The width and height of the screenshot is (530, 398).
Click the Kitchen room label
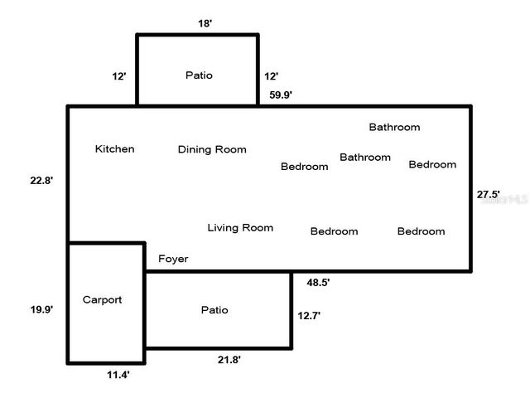click(x=114, y=149)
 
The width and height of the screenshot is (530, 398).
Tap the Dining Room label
click(x=212, y=150)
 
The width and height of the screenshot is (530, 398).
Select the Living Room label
click(x=240, y=227)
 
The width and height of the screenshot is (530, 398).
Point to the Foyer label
click(x=173, y=259)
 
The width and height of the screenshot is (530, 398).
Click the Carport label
click(x=102, y=300)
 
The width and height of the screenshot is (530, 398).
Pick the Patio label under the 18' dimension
click(x=198, y=75)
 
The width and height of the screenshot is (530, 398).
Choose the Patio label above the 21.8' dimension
click(x=214, y=310)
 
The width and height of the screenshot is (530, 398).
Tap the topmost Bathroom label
click(x=394, y=128)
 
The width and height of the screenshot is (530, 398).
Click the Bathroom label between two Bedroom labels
click(x=365, y=158)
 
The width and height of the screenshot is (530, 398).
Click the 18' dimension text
click(x=205, y=23)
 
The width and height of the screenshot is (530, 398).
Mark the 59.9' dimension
click(x=281, y=95)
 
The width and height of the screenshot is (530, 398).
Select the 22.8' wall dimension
click(x=41, y=180)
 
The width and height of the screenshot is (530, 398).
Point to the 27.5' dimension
click(x=489, y=195)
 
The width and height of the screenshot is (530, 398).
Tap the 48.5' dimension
click(x=318, y=283)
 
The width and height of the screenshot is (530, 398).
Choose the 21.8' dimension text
click(x=229, y=359)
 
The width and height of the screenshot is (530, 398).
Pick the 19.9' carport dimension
click(x=41, y=309)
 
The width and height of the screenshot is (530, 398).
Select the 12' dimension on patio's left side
click(x=119, y=76)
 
